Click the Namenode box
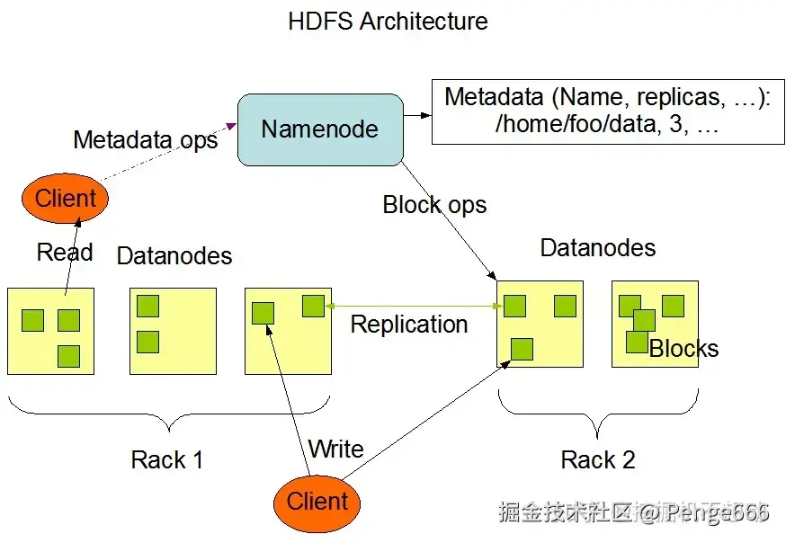tap(319, 129)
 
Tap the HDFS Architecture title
tap(388, 22)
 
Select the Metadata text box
tap(607, 111)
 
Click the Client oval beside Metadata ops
tap(66, 198)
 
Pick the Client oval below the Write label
tap(317, 502)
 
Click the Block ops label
tap(434, 205)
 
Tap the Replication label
tap(409, 325)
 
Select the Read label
tap(65, 252)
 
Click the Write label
tap(335, 449)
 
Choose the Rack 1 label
tap(167, 460)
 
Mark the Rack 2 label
tap(598, 460)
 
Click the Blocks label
tap(684, 349)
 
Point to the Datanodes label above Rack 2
tap(598, 248)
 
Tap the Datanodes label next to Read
tap(174, 256)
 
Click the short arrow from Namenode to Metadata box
tap(416, 115)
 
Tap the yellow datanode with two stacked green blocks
tap(174, 331)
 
